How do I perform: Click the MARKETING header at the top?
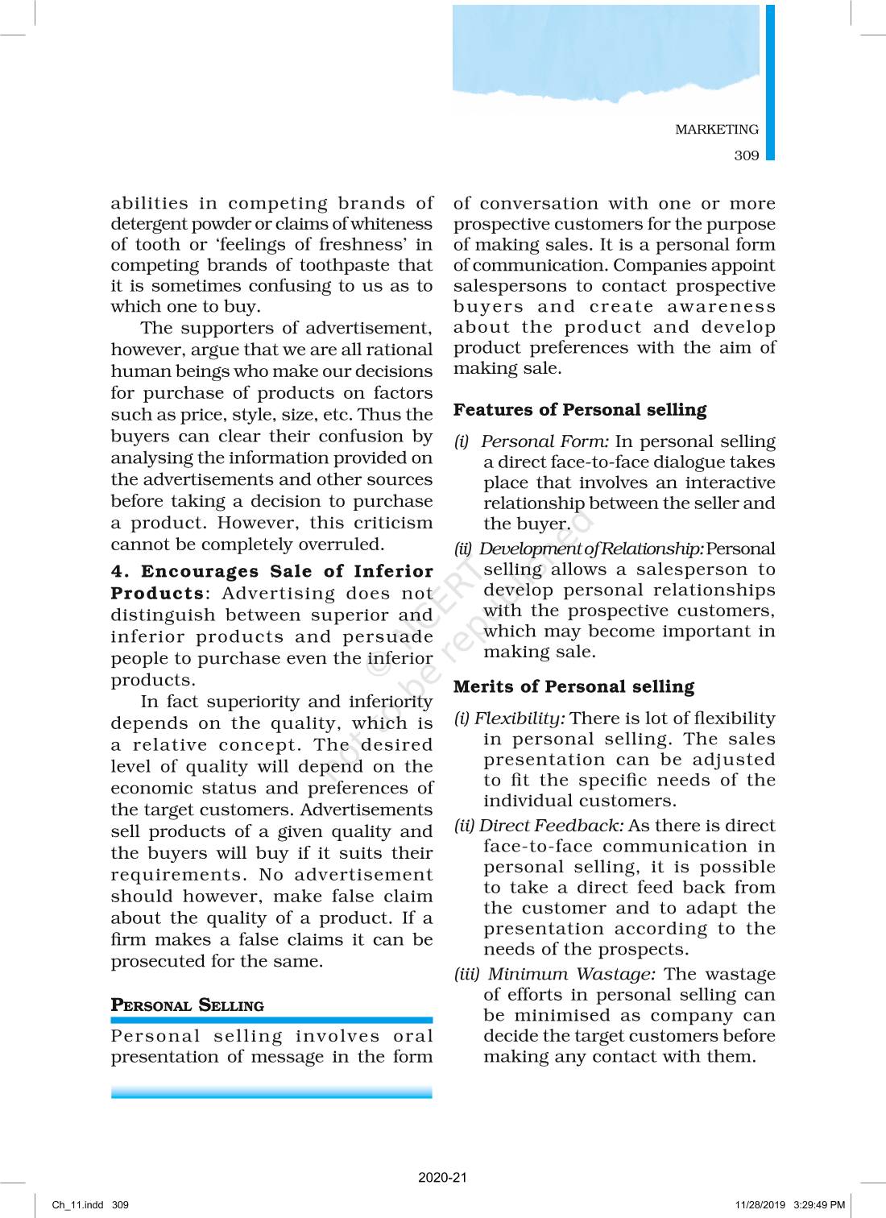(716, 129)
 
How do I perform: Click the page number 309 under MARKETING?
(746, 155)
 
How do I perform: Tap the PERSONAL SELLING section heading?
(187, 1005)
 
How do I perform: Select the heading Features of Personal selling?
(579, 410)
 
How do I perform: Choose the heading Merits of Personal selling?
(573, 686)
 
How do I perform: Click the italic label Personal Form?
(544, 441)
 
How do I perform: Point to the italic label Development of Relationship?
(591, 549)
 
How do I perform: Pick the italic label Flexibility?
(520, 718)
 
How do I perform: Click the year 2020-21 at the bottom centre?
(442, 1177)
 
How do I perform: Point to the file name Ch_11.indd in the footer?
(77, 1205)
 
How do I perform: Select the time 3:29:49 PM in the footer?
(818, 1205)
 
